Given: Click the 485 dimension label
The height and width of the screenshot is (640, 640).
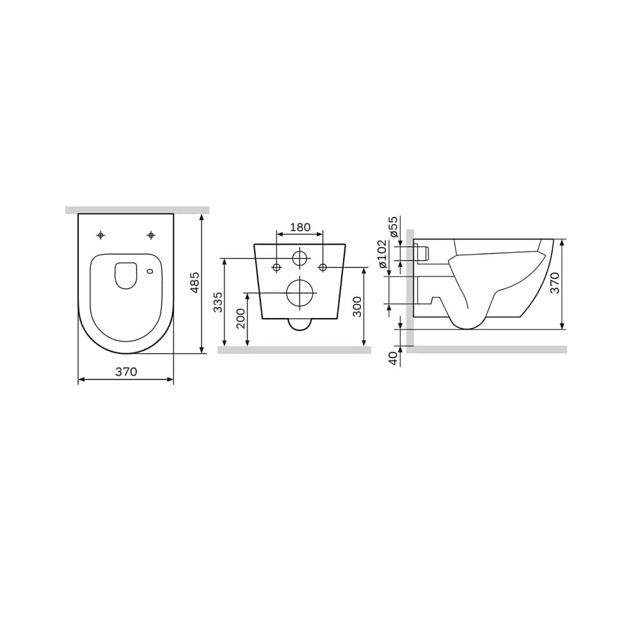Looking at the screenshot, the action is coord(195,282).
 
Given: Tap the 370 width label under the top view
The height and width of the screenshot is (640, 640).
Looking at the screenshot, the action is coord(126,372).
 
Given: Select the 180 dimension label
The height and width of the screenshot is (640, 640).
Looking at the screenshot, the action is coord(300,227).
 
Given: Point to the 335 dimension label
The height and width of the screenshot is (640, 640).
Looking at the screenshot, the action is coord(218,302).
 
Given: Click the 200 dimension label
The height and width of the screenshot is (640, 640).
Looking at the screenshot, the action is coord(241,318).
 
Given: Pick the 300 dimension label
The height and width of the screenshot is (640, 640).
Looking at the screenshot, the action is coord(356,307).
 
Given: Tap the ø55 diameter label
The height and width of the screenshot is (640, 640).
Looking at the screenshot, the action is coord(393,227).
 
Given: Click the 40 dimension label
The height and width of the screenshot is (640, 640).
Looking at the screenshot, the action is coord(393,358).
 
